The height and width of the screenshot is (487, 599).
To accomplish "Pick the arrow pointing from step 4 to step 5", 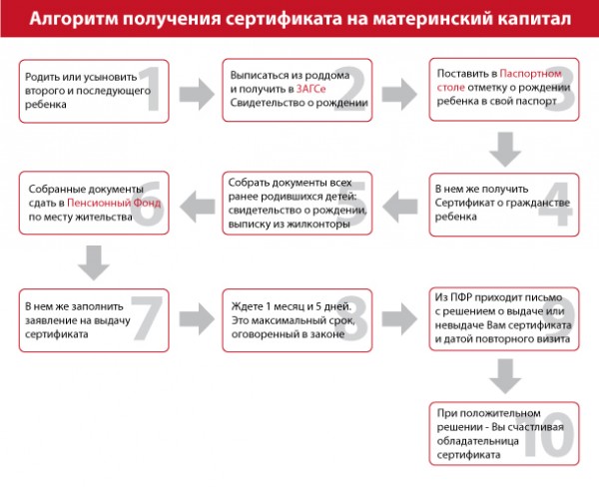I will pyautogui.click(x=402, y=206).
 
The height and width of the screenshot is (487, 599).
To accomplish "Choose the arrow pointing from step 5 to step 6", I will pyautogui.click(x=196, y=206).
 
